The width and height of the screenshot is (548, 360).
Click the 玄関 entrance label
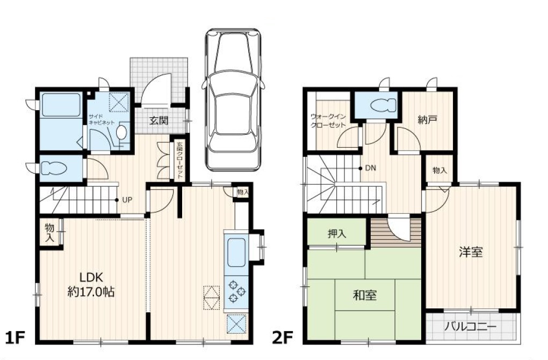coord(159,120)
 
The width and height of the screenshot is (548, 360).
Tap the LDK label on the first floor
coord(91,278)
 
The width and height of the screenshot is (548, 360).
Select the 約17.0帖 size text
coord(91,292)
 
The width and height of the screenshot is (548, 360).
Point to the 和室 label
coord(365,296)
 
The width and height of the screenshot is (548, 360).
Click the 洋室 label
coord(471,252)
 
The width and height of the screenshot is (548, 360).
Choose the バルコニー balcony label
coord(471,327)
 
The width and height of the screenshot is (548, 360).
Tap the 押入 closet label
coord(337,234)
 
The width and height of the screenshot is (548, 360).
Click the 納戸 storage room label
coord(428,120)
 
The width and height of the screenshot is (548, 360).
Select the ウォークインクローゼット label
coord(328,120)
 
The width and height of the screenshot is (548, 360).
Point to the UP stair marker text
coord(127,200)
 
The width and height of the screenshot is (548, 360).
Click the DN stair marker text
coord(371,168)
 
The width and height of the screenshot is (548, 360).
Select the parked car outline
coord(233,99)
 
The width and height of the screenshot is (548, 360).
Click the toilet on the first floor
coord(54,168)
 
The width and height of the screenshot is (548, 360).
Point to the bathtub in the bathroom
coord(61,104)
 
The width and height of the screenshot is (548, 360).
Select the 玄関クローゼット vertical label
coord(179,160)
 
